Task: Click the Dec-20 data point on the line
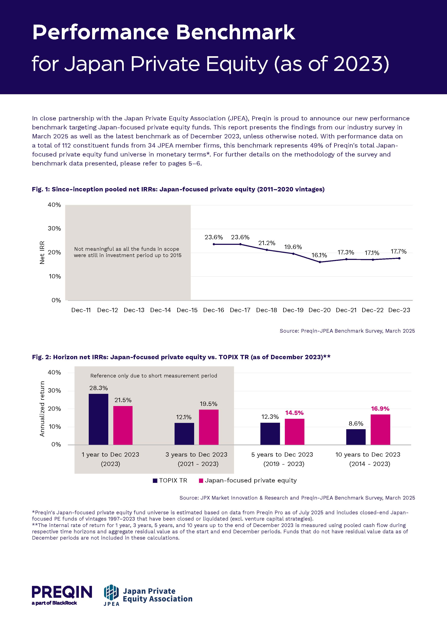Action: coord(320,262)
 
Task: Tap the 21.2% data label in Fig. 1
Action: coord(267,243)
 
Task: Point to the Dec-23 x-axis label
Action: coord(399,310)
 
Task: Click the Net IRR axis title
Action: coord(42,252)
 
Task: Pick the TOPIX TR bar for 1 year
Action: coord(98,419)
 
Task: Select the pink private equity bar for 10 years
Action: coord(380,430)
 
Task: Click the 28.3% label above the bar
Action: coord(98,388)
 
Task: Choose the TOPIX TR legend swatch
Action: coord(155,481)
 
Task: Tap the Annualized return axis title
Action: coord(42,409)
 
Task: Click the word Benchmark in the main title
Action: coord(235,33)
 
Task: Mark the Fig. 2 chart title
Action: coord(181,357)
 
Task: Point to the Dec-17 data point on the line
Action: coord(240,244)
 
